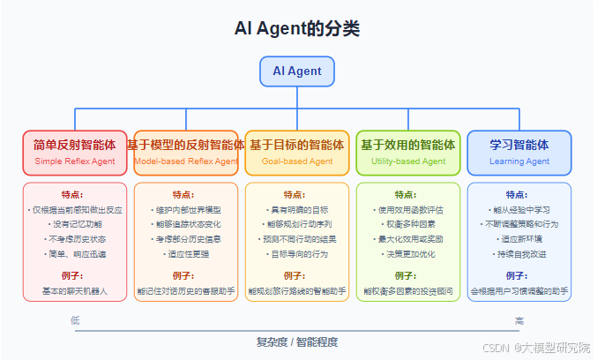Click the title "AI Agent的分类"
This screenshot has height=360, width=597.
297,28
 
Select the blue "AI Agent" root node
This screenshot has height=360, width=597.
297,71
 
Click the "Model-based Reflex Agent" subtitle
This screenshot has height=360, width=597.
186,161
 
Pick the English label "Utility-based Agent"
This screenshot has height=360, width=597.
408,161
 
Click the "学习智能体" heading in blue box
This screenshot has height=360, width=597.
519,145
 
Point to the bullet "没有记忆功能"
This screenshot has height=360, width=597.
75,225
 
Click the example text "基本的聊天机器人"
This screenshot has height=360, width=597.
75,290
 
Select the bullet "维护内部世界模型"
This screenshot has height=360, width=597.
186,210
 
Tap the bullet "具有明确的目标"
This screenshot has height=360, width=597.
297,210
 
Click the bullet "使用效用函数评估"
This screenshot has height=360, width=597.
408,210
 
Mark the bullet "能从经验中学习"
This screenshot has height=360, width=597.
519,210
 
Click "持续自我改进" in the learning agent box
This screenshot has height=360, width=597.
519,254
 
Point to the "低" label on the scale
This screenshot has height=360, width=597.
76,320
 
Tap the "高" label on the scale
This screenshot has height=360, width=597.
519,320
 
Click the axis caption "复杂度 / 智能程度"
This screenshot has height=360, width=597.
297,341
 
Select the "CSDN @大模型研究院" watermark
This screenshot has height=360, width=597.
539,349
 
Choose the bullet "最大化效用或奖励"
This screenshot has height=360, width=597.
408,239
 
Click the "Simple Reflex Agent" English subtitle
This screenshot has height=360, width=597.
75,161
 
